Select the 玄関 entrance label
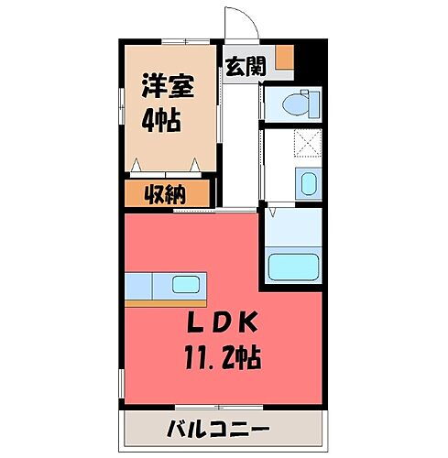245,66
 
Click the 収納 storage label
166,193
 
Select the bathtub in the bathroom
292,267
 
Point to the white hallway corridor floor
239,147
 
